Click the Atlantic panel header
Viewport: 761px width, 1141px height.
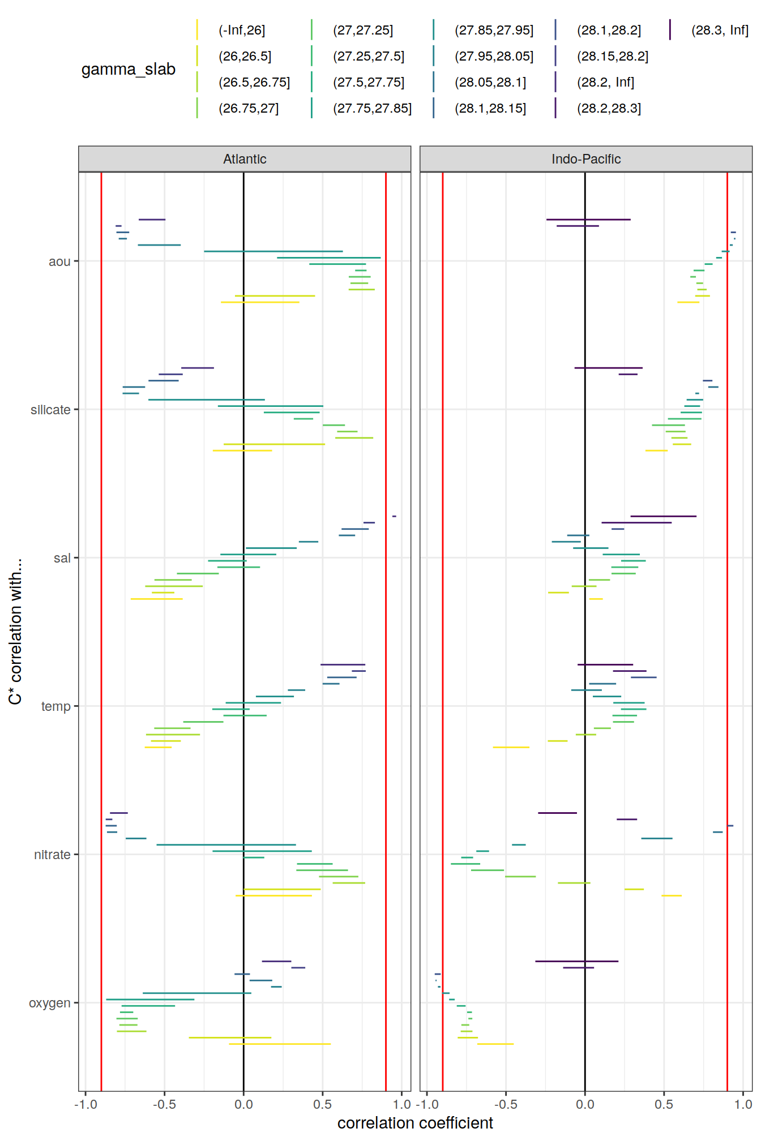245,159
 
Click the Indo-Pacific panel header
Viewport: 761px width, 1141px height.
585,159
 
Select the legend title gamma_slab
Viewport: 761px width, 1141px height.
129,69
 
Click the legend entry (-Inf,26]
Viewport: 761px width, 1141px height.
242,30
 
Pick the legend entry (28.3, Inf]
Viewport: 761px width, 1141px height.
720,30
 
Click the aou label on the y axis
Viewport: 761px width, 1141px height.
59,261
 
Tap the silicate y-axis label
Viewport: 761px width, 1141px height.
50,410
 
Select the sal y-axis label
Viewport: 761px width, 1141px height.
62,558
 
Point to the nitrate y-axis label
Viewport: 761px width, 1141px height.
52,855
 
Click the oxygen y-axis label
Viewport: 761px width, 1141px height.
50,1003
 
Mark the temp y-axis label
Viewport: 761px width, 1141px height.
55,706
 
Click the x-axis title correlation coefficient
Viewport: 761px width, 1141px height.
415,1123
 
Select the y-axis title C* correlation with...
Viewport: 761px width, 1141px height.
15,632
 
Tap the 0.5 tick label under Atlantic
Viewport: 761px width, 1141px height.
322,1104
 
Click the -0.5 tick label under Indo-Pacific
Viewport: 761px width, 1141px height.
505,1104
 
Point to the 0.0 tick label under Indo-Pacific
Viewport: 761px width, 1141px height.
585,1104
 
